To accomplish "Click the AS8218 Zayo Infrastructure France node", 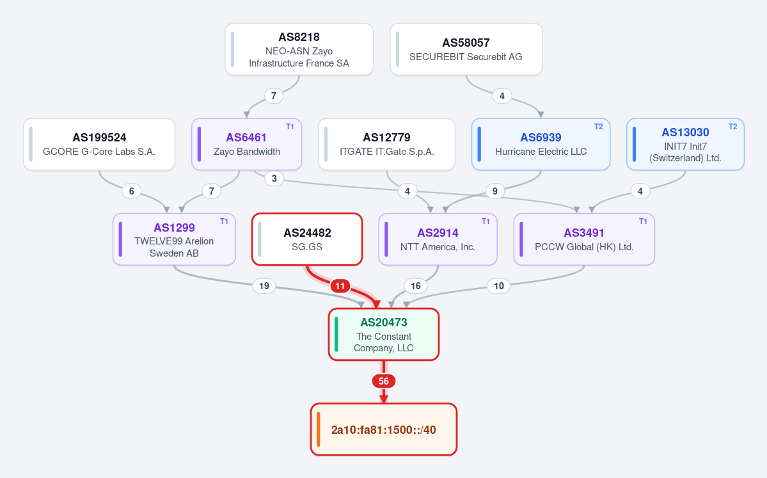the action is tap(299, 49).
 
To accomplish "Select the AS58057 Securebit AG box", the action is tap(466, 49).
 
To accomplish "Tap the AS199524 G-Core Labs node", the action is tap(99, 145).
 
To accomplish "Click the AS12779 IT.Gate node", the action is tap(386, 145).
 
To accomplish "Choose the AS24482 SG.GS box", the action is tap(307, 239).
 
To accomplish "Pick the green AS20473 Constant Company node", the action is tap(384, 334).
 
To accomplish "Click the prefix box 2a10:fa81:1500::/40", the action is tap(384, 429).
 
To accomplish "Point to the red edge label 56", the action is tap(384, 381).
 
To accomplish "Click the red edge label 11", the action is tap(340, 286).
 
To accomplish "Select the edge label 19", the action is tap(264, 286).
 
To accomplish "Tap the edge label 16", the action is tap(415, 286).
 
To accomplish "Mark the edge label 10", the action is tap(498, 286).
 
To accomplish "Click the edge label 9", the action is tap(495, 191).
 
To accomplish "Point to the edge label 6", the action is tap(131, 191).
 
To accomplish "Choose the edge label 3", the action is tap(274, 179).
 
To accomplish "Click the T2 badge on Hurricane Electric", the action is tap(598, 127).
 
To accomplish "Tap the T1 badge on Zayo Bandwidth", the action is tap(290, 127).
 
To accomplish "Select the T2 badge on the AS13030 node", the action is tap(732, 127).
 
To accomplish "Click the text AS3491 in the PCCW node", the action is tap(584, 233).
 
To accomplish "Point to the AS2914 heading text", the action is tap(438, 233).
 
